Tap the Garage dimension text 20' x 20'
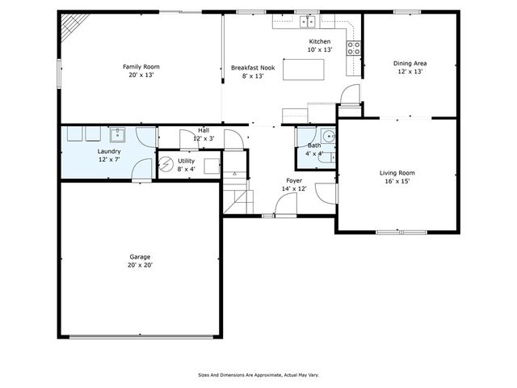click(140, 265)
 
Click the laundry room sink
click(118, 134)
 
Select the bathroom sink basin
click(328, 136)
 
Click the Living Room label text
click(397, 172)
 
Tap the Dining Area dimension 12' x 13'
click(410, 71)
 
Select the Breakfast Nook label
click(252, 68)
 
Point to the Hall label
click(204, 130)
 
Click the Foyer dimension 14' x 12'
click(294, 189)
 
